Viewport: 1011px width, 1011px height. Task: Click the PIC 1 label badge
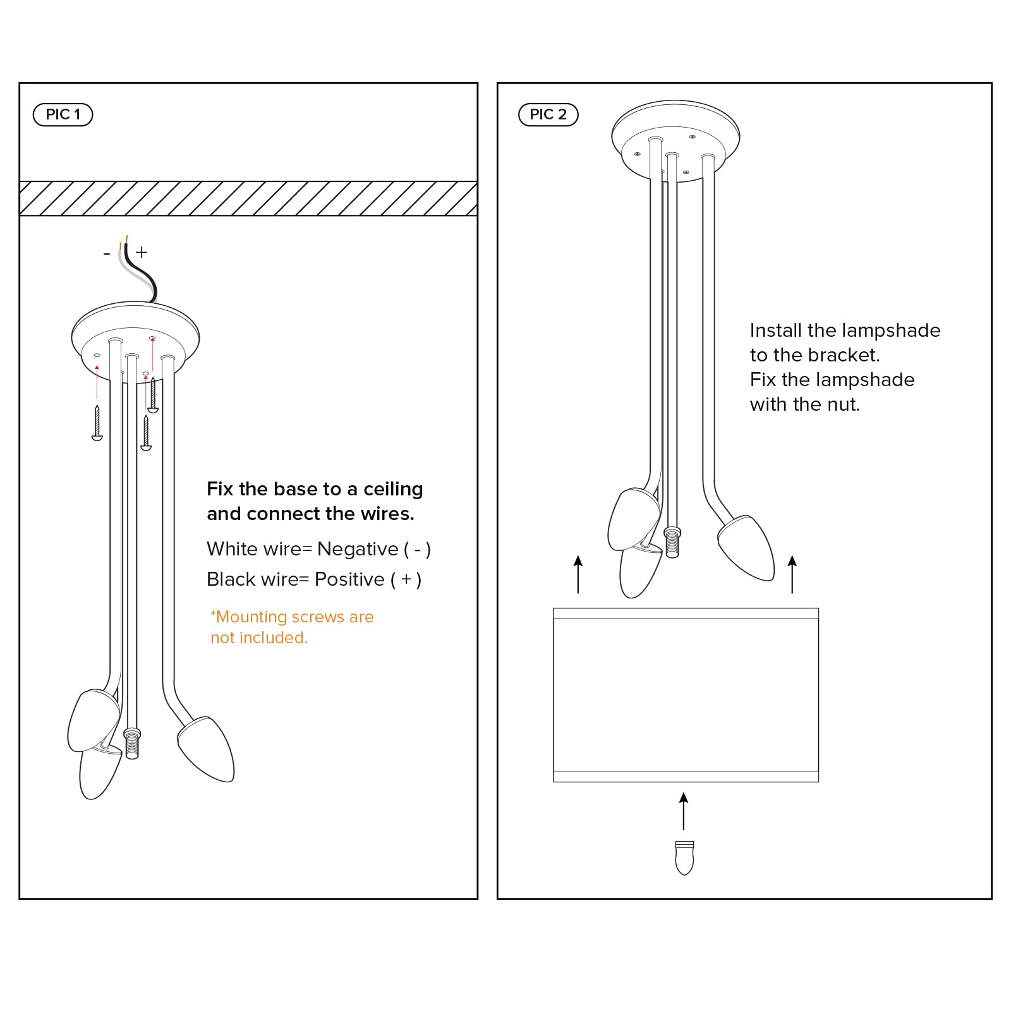pyautogui.click(x=63, y=114)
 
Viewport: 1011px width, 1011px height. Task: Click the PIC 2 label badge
pyautogui.click(x=548, y=114)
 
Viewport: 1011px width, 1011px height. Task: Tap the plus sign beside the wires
pyautogui.click(x=142, y=252)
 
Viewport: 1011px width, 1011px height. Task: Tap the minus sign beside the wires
pyautogui.click(x=106, y=253)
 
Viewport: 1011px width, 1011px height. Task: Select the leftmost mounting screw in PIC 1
pyautogui.click(x=97, y=423)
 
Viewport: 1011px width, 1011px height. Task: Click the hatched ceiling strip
pyautogui.click(x=248, y=198)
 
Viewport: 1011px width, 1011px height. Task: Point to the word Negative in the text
pyautogui.click(x=357, y=549)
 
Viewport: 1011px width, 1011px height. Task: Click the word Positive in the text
pyautogui.click(x=349, y=579)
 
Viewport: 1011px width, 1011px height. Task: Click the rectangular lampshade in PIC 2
pyautogui.click(x=686, y=695)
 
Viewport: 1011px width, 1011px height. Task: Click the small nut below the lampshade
pyautogui.click(x=684, y=857)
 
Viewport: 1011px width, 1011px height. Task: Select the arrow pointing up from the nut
pyautogui.click(x=684, y=811)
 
